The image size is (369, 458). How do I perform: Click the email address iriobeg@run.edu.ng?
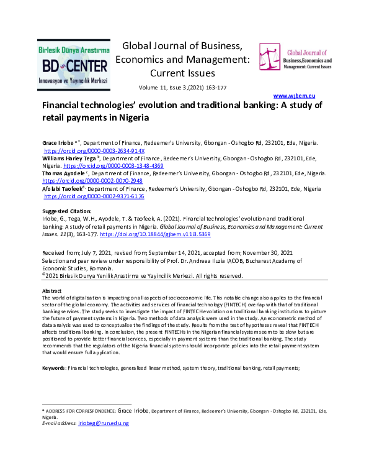pos(104,423)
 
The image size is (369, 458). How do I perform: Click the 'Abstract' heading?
pos(51,291)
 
